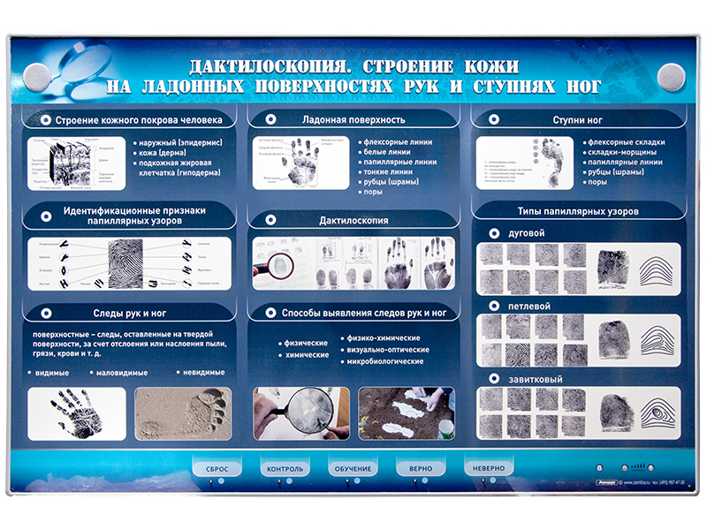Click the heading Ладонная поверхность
point(353,119)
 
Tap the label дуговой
point(527,233)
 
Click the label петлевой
point(529,306)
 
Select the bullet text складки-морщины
point(622,152)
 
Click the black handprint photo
point(76,413)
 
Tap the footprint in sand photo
point(183,413)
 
